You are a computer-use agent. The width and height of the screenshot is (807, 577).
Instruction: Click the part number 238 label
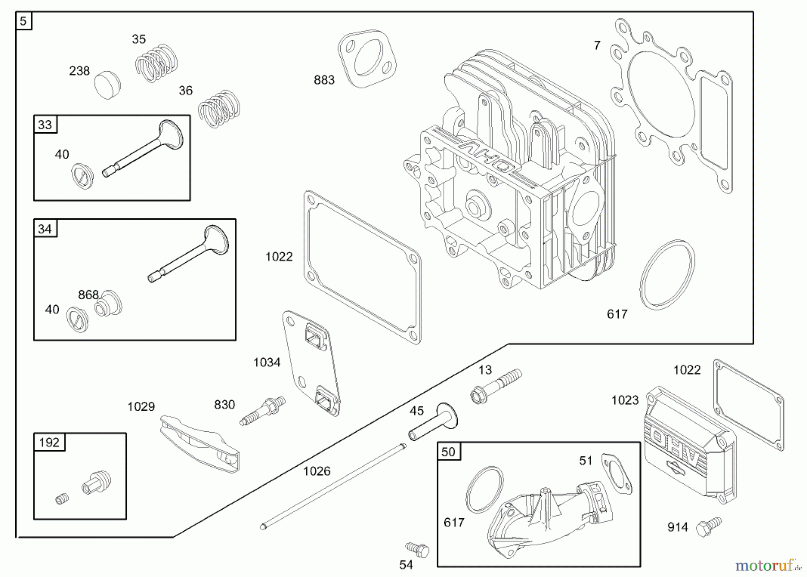tap(79, 71)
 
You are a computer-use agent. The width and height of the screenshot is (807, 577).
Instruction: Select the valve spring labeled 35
tap(156, 63)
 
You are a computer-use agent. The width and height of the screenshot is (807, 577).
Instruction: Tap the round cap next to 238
tap(108, 85)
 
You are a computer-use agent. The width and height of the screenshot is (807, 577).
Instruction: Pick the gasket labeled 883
tap(367, 58)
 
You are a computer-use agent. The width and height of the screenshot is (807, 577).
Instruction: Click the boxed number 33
tap(45, 125)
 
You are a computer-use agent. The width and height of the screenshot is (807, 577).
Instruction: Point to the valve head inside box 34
tap(217, 240)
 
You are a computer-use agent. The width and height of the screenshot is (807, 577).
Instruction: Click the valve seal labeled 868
tap(108, 304)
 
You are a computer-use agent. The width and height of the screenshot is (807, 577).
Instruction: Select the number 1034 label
tap(267, 362)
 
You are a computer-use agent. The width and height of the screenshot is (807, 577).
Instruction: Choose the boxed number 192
tap(49, 443)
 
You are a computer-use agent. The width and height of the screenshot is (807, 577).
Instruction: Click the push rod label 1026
tap(317, 471)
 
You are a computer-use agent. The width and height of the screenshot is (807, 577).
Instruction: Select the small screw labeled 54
tap(417, 549)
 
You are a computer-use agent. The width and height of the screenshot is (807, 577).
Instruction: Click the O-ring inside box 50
tap(484, 489)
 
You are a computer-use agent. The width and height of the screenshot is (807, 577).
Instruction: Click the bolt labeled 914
tap(708, 527)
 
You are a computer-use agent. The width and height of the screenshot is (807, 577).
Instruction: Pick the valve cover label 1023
tap(625, 400)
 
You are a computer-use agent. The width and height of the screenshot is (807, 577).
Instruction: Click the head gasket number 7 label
tap(597, 45)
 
